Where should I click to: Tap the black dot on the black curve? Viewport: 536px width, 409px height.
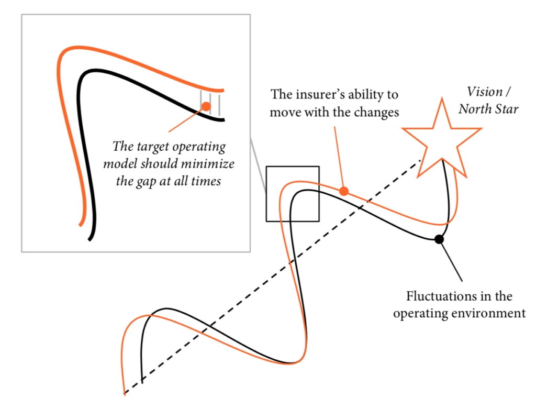click(x=439, y=239)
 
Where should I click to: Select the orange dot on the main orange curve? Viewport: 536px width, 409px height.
click(x=344, y=191)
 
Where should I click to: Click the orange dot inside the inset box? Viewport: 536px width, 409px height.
click(x=206, y=106)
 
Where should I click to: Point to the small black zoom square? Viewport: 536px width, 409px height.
click(x=293, y=194)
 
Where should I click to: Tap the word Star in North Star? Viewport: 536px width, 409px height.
click(x=505, y=109)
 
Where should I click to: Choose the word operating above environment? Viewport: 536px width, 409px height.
click(x=421, y=313)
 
